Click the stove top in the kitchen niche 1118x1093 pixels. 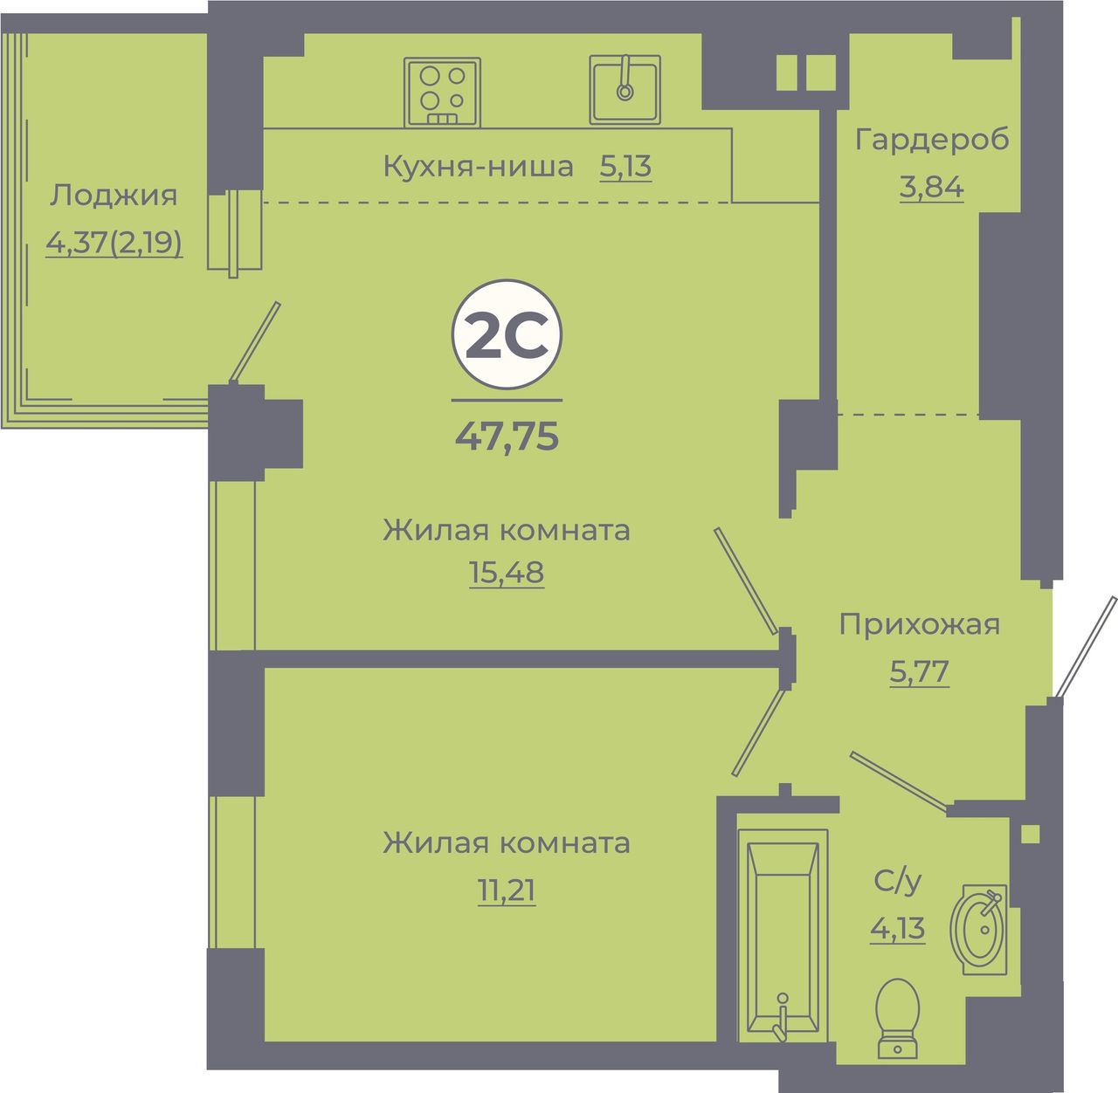point(442,92)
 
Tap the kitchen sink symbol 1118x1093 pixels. point(625,89)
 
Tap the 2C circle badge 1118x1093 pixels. point(507,334)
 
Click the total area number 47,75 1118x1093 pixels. point(507,436)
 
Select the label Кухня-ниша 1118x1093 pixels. point(478,166)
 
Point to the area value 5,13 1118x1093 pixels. point(625,167)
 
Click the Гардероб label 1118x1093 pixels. point(932,140)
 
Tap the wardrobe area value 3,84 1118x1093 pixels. point(931,186)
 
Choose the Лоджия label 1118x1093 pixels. point(114,196)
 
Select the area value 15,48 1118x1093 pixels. point(506,572)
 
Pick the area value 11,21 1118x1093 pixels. point(506,890)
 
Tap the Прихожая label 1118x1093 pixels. point(919,624)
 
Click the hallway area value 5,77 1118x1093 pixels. point(919,670)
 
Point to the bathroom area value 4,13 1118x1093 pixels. point(897,927)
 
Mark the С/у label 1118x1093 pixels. point(897,881)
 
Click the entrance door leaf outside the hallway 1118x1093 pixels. point(1087,647)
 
